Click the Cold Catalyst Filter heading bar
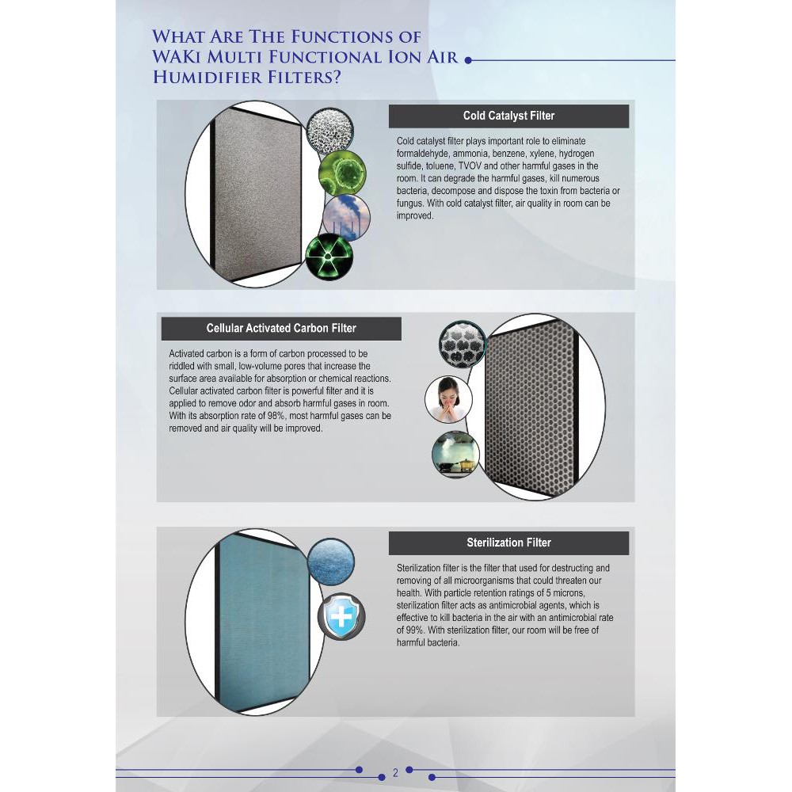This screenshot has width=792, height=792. (508, 116)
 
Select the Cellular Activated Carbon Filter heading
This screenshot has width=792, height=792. (281, 328)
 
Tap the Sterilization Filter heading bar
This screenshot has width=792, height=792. (508, 543)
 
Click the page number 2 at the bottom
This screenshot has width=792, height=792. (395, 772)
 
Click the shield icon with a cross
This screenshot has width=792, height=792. (341, 615)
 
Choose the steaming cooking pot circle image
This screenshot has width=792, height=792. (455, 454)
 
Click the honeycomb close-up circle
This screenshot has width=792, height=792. (462, 346)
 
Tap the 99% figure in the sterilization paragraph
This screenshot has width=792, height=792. (415, 630)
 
